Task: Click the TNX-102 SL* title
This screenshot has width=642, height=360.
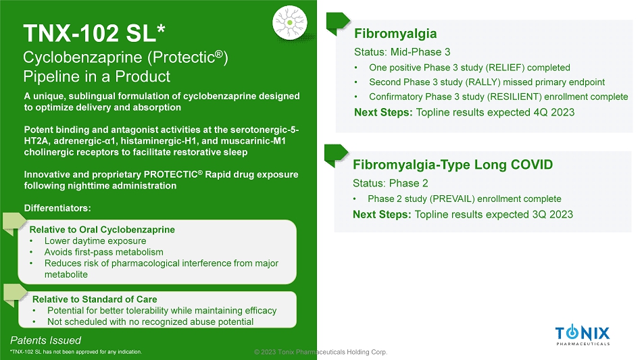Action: pos(94,33)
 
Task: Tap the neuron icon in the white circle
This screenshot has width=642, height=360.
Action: pos(290,23)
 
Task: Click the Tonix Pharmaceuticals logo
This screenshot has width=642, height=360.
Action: pos(583,335)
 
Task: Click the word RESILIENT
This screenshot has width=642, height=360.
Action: pos(512,97)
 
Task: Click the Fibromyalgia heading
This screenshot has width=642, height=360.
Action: pos(395,34)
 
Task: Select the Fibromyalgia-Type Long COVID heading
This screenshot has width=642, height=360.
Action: pos(453,164)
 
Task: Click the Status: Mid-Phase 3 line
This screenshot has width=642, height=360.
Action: pos(402,52)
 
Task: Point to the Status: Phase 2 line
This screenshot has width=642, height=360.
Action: pos(391,183)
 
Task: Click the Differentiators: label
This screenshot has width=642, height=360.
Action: pos(57,208)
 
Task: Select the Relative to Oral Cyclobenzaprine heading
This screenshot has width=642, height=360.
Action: pos(102,230)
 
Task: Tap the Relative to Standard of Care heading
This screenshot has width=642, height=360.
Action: pos(95,299)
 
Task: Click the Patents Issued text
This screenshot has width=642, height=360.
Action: pos(45,340)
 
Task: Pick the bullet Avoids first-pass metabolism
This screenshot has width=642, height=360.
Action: pos(104,253)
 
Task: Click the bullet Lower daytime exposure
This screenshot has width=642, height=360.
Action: pos(95,241)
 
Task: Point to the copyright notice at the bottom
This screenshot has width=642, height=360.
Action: pos(320,352)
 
